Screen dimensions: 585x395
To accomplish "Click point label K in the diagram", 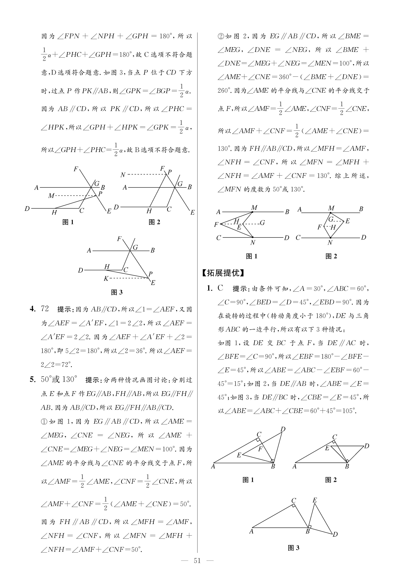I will (x=106, y=278).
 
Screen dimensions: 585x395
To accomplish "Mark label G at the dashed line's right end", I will (x=262, y=223).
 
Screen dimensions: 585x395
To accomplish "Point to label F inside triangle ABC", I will (x=261, y=449).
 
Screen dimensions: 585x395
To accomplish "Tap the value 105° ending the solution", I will (x=349, y=411).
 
